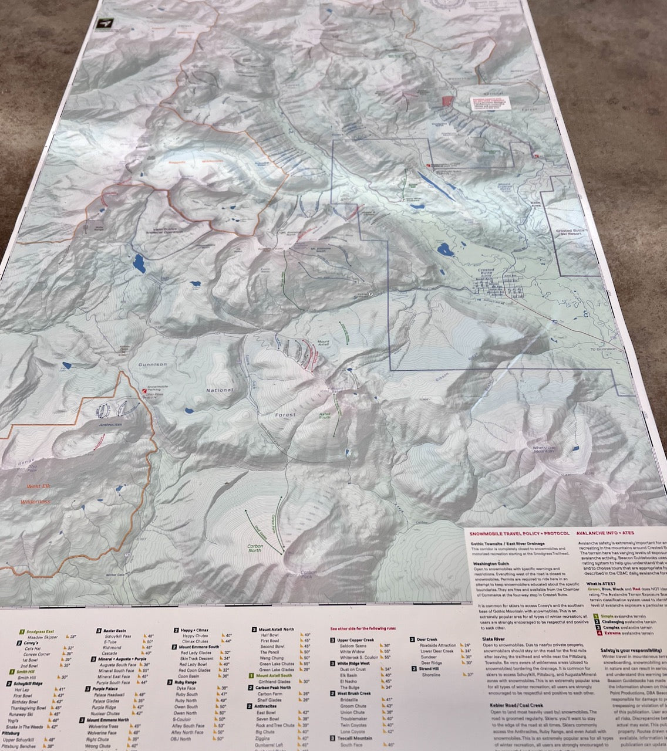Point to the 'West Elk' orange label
tap(38, 486)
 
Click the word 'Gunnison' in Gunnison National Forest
tap(152, 364)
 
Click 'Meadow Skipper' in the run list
tap(43, 637)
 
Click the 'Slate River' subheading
tap(493, 638)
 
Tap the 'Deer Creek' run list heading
tap(427, 639)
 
